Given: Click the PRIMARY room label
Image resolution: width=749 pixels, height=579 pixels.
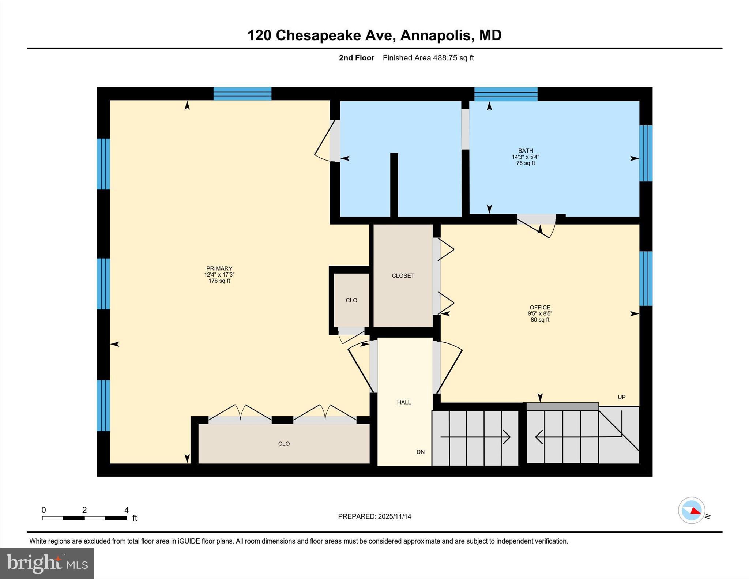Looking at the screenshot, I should coord(219,269).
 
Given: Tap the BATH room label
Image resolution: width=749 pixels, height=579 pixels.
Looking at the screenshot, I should coord(526,151).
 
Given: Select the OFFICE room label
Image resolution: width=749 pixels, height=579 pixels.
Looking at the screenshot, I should coord(540,308).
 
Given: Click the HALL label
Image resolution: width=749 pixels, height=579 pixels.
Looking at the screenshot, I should coord(404,402).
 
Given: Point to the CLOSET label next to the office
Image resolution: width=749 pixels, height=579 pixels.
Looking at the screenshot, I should coord(403,276).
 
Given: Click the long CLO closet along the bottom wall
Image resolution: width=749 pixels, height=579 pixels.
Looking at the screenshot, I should coord(284,444).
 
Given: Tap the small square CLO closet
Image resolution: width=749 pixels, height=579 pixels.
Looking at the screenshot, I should coord(351,300).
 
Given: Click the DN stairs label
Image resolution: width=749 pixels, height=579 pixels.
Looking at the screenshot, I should coord(420,452).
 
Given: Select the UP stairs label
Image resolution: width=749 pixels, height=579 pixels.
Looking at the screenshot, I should coord(621,397).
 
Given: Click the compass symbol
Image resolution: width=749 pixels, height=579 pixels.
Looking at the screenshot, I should coord(691,510).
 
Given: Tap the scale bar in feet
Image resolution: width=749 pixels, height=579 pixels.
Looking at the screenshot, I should coord(84,518).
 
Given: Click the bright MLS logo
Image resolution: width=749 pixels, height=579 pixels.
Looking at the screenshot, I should coord(47,563).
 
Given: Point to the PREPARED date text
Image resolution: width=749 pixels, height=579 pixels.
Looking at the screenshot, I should coord(374,516).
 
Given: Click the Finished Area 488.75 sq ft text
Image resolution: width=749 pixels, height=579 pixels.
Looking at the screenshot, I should coord(428,58).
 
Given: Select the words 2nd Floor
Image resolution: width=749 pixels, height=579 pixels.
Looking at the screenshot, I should coord(356,58).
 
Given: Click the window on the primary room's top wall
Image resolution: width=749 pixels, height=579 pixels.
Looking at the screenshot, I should coord(242,94).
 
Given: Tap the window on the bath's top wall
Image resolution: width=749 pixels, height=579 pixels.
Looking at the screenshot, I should coord(506,94).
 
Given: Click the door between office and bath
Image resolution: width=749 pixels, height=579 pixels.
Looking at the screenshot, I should coord(537,219).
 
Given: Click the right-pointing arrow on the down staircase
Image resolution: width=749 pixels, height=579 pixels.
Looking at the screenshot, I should coord(506,437).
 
